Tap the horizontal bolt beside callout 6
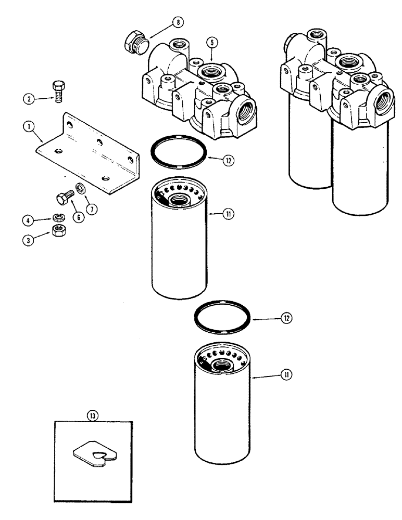64,199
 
